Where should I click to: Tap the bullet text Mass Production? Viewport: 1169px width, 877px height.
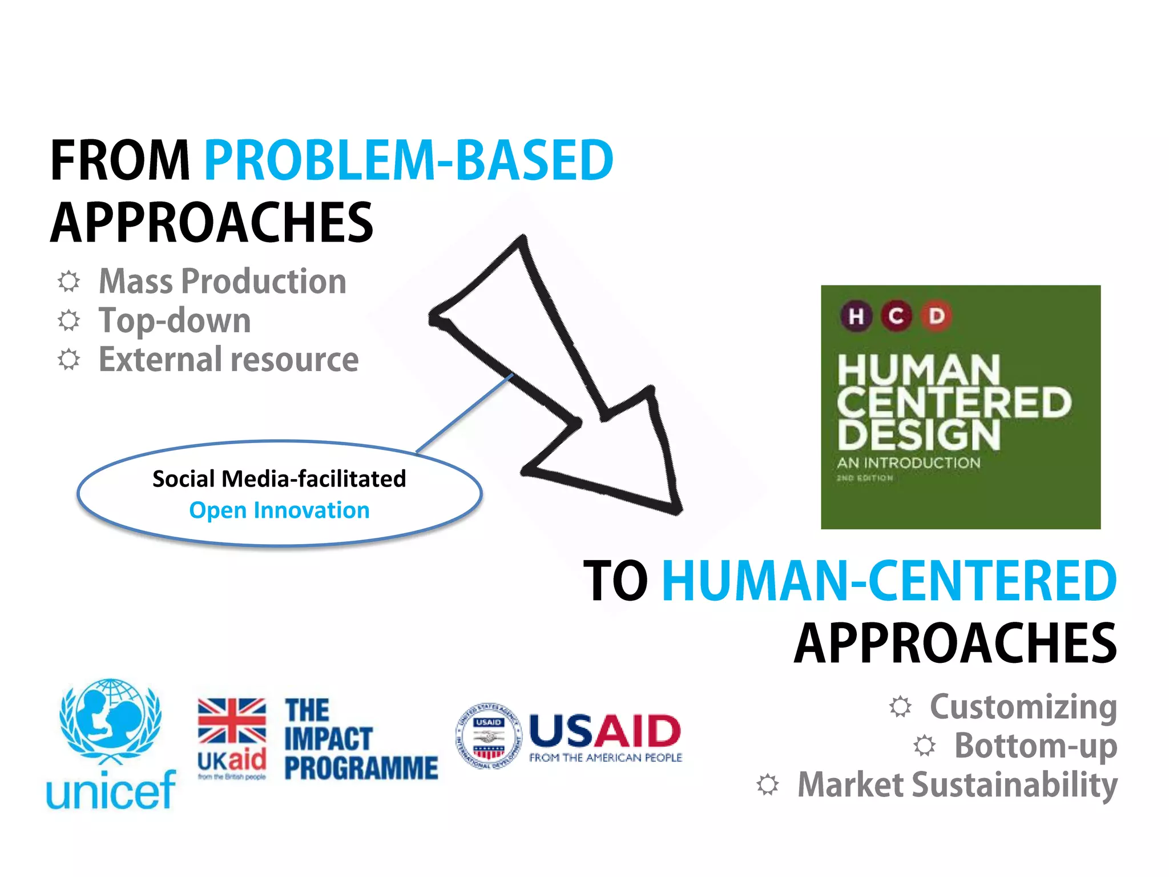(x=222, y=281)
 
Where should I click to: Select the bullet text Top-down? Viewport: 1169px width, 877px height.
(x=175, y=320)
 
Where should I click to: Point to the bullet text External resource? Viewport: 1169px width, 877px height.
(x=228, y=360)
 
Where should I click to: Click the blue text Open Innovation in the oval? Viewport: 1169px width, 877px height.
(x=279, y=510)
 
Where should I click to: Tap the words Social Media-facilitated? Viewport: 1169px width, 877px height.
(x=279, y=478)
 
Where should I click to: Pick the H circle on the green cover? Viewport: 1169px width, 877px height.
(x=856, y=316)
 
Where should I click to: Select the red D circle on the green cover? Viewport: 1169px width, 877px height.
(x=936, y=316)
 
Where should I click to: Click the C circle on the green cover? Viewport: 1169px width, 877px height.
(x=896, y=316)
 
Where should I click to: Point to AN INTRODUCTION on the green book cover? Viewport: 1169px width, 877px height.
(x=908, y=462)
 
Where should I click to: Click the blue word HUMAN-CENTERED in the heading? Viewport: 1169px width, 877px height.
(x=889, y=581)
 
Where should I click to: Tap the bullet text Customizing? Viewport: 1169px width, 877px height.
(x=1023, y=707)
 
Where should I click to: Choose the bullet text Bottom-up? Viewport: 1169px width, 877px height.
(x=1035, y=746)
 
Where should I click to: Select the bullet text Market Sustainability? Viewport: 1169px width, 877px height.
(x=957, y=785)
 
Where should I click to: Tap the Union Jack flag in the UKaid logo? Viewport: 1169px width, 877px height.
(x=232, y=721)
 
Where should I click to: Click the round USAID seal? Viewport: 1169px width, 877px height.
(x=489, y=735)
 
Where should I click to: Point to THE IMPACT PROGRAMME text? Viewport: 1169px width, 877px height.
(x=361, y=739)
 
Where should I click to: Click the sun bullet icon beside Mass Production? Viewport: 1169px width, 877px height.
(x=69, y=281)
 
